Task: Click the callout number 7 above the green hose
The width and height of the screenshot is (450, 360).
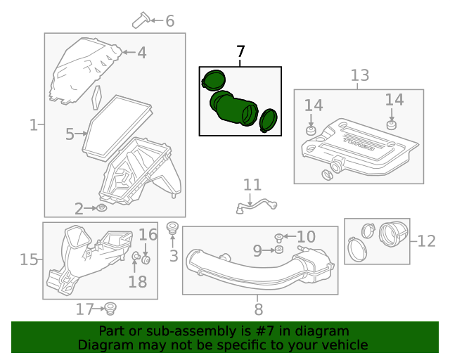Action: [240, 51]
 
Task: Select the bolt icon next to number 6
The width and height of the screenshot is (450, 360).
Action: [141, 20]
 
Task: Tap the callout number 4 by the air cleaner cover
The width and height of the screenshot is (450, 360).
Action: [141, 52]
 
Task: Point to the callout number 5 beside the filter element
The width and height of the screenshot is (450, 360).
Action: [70, 134]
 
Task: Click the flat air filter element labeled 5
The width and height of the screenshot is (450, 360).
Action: [117, 128]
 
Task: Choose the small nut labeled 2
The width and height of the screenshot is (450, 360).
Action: [102, 207]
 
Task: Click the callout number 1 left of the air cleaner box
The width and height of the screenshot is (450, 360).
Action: [33, 125]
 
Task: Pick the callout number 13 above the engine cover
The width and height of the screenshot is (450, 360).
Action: [359, 75]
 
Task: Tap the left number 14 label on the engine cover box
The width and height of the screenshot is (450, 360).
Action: [313, 105]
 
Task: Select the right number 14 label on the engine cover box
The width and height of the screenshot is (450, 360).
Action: [394, 100]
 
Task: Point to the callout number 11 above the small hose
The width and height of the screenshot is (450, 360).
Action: [252, 185]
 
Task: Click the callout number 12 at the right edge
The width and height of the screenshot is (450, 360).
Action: [426, 241]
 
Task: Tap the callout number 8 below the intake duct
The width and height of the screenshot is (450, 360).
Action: [258, 308]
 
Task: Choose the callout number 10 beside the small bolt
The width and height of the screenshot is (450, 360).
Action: [306, 236]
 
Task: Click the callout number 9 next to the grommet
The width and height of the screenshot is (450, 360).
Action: [257, 250]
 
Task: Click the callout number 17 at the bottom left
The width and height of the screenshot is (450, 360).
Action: [84, 308]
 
